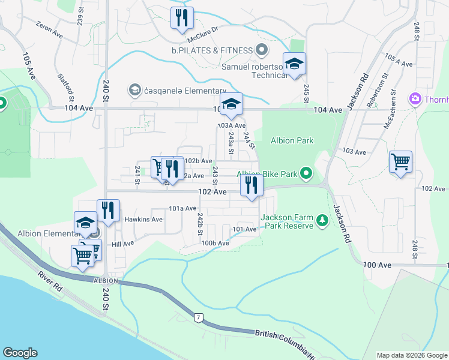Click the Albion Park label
click(292, 140)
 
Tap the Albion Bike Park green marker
click(307, 174)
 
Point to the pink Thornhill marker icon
click(414, 98)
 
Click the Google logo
click(19, 353)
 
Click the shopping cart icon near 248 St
click(400, 161)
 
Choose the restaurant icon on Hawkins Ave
click(108, 210)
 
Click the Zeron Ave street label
click(49, 29)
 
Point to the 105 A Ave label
click(399, 61)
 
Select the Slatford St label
click(65, 87)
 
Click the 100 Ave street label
click(377, 265)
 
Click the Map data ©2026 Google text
click(411, 355)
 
